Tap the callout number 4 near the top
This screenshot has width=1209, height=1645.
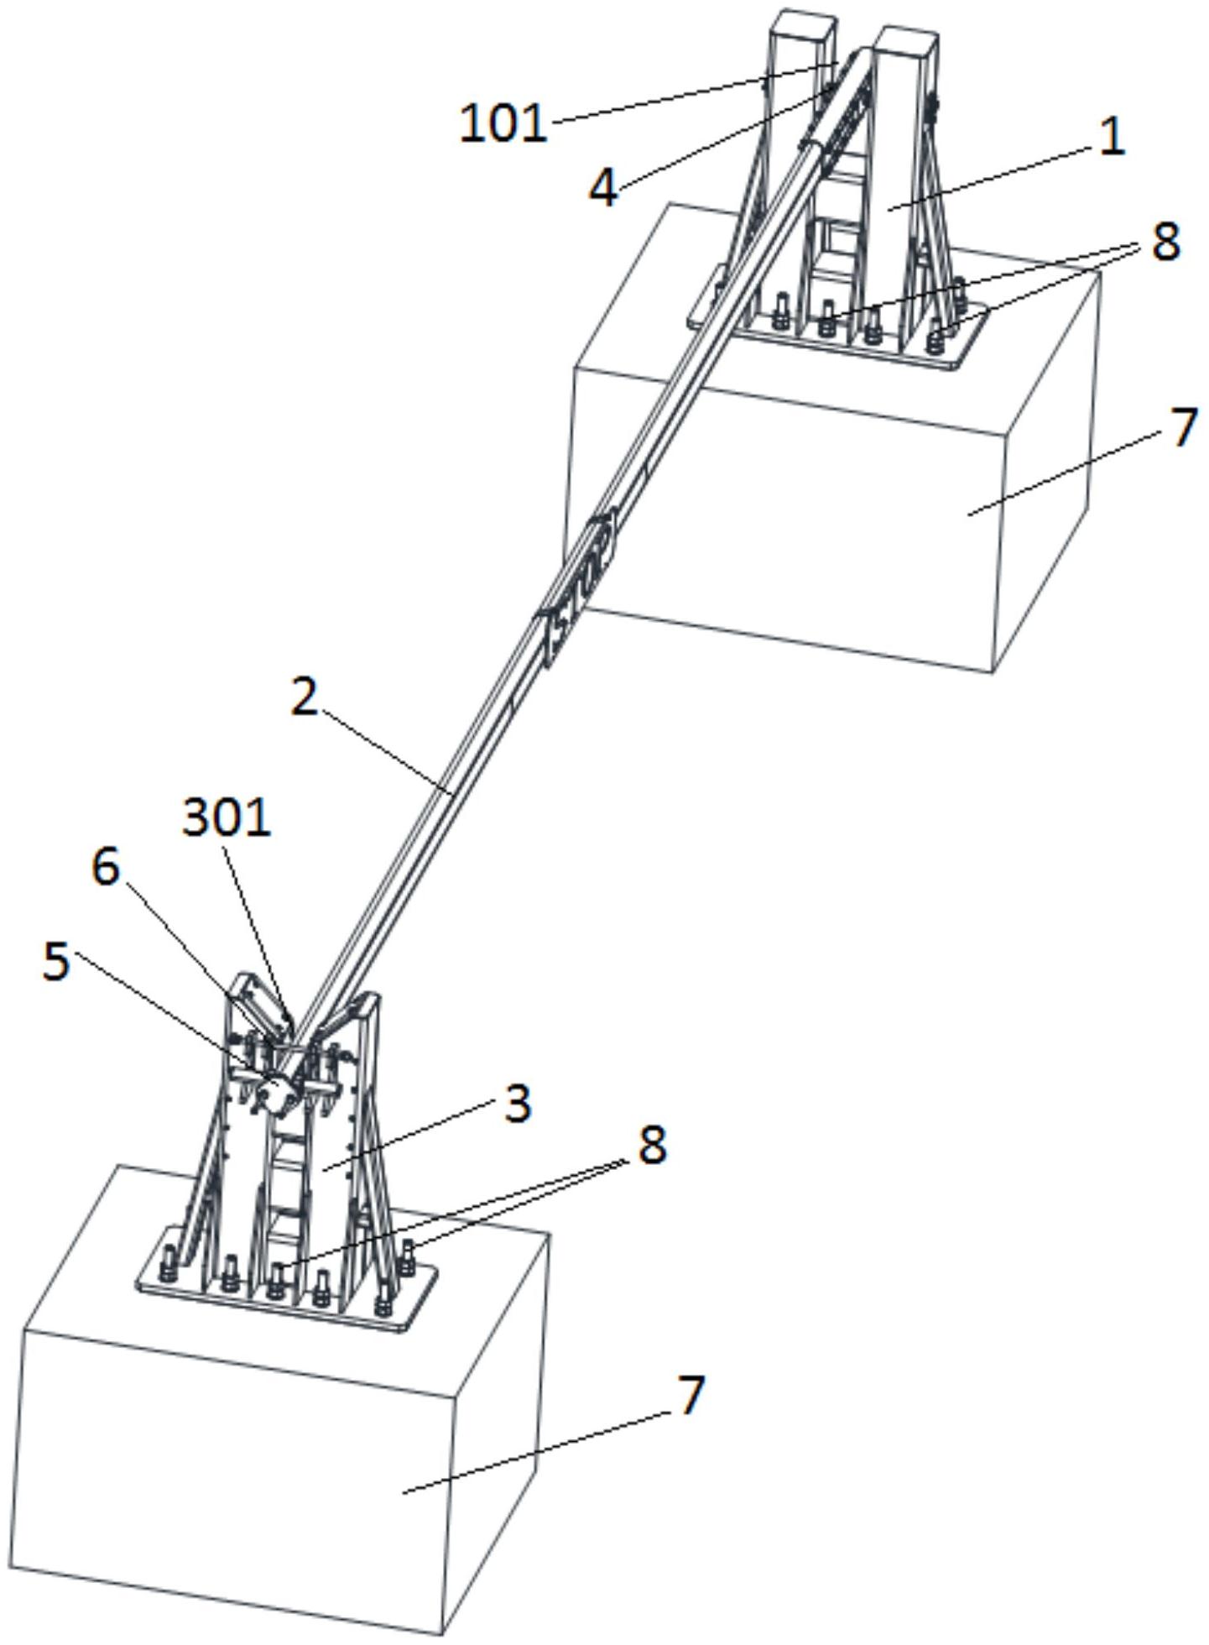[x=603, y=187]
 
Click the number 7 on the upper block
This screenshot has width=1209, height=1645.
[x=1183, y=427]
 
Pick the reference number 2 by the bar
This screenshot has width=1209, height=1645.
[x=305, y=697]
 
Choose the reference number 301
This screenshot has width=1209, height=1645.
[x=227, y=817]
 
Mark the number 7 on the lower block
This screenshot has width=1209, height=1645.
[x=688, y=1396]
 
